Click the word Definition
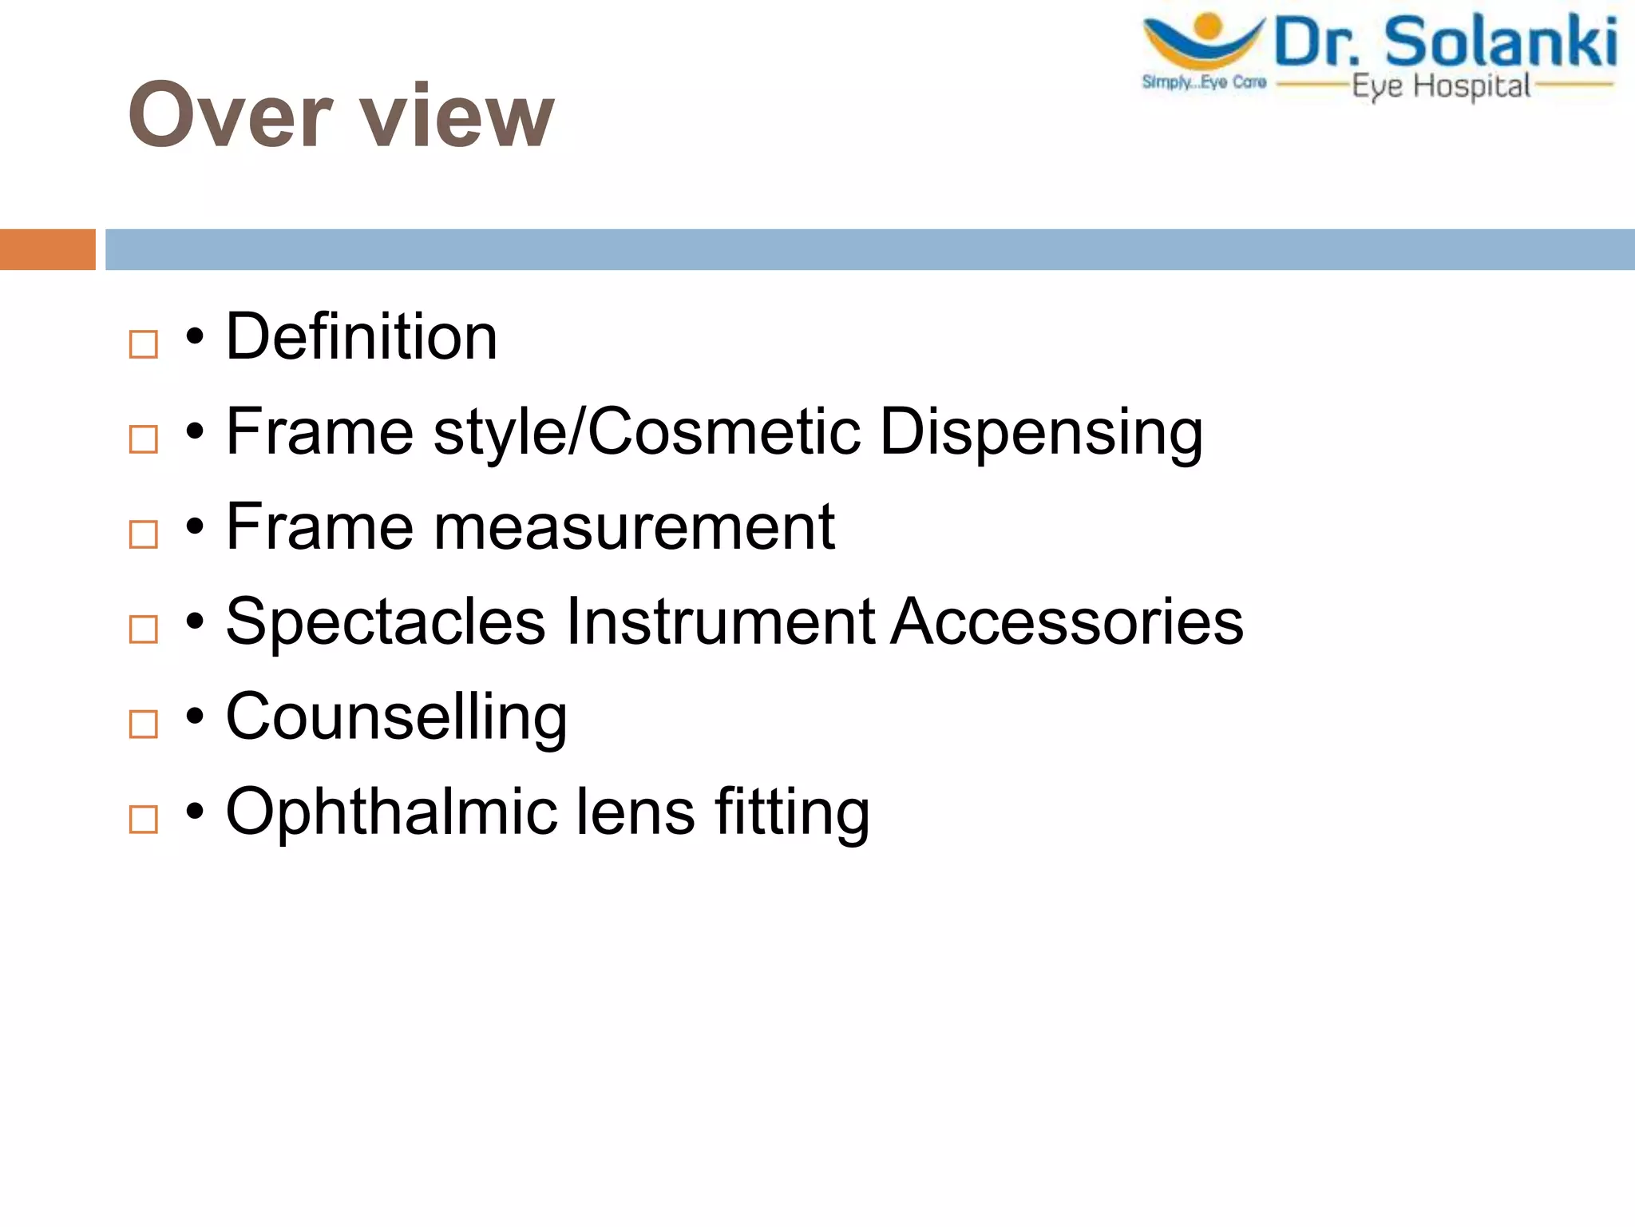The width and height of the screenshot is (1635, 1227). coord(362,337)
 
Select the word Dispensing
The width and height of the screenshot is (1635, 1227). coord(1041,432)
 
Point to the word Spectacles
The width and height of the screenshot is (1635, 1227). coord(386,621)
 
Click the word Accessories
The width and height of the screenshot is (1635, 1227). coord(1067,621)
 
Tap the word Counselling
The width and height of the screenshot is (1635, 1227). coord(397,717)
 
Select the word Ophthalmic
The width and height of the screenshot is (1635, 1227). coord(391,812)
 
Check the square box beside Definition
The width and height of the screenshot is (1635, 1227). coord(144,345)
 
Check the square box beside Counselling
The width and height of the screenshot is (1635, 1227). coord(144,725)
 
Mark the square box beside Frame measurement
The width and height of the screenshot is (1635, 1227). coord(144,534)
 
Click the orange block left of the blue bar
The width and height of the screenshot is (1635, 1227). coord(47,249)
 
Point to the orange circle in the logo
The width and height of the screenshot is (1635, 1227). coord(1209,26)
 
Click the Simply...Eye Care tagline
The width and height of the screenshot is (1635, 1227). coord(1204,82)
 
